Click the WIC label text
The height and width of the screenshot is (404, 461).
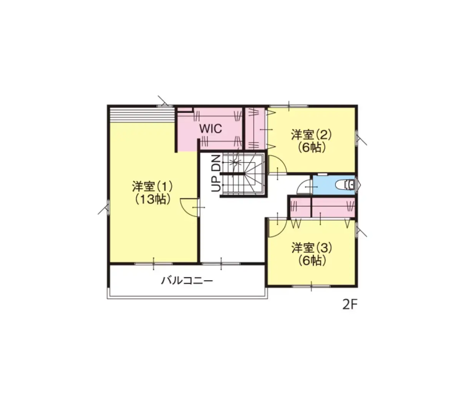click(211, 129)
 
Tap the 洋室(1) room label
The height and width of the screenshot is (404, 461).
click(152, 187)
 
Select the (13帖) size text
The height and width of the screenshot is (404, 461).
click(152, 200)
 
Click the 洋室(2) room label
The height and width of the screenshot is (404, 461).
click(311, 135)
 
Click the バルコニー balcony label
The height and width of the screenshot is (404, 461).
click(187, 281)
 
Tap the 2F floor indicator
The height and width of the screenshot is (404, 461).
click(350, 305)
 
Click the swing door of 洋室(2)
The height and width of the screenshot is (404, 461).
click(277, 164)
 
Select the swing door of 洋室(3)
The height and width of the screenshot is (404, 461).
click(277, 228)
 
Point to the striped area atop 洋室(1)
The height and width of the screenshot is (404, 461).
click(141, 115)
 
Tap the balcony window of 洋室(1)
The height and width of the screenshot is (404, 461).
click(153, 264)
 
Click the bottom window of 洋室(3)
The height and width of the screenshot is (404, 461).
click(311, 286)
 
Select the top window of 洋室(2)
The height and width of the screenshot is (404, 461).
click(289, 106)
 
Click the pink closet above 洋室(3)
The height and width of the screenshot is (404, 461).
click(322, 207)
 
